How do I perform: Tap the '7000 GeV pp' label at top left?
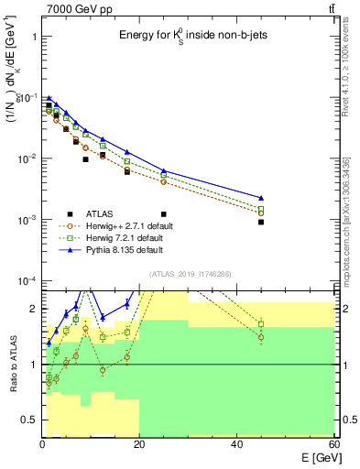74,8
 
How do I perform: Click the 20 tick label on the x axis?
139,444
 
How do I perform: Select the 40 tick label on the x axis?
237,444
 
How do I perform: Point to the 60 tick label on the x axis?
333,444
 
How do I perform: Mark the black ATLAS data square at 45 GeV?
261,222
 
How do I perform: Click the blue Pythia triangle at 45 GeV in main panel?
261,198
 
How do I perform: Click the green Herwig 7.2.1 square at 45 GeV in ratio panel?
261,323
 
